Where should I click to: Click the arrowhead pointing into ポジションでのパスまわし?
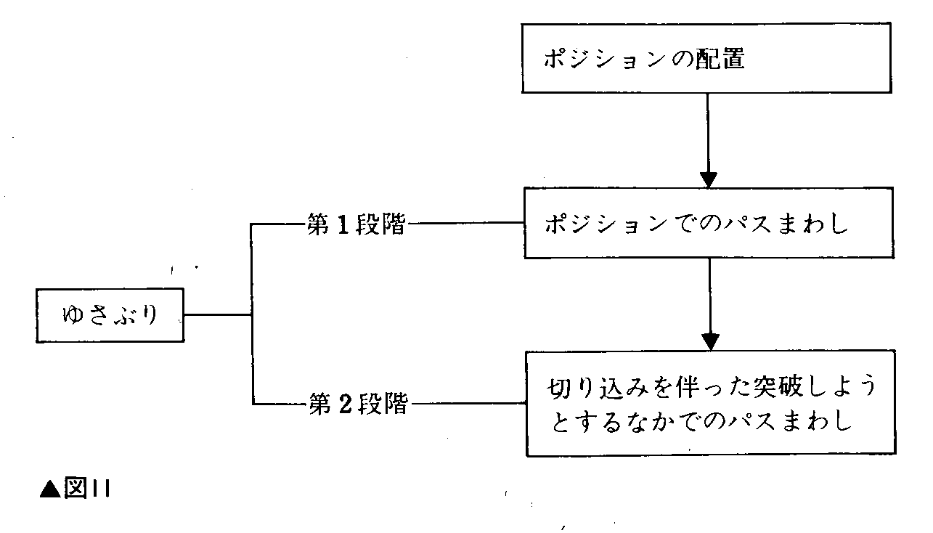(709, 179)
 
